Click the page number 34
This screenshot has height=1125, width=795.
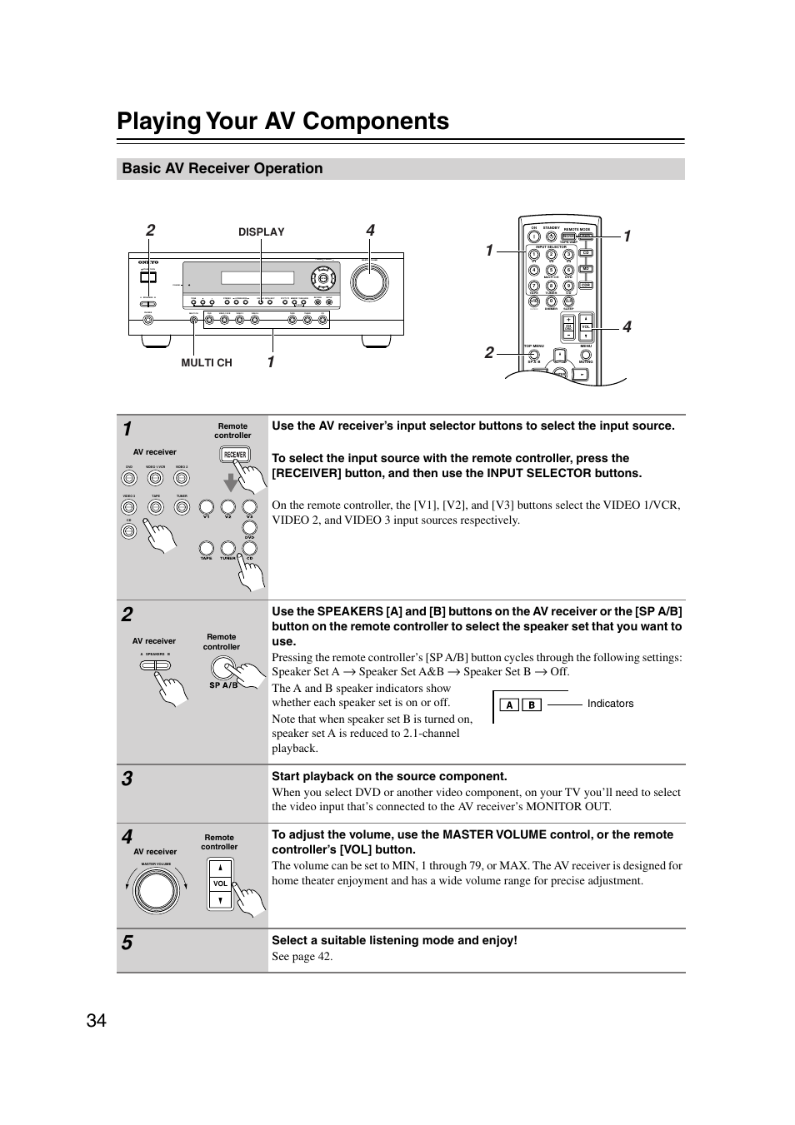[96, 1020]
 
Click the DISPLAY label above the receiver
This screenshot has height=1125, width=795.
[261, 232]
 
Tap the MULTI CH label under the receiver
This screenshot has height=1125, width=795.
[207, 363]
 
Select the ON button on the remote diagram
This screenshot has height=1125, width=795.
[534, 236]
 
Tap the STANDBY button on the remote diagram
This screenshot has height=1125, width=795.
[552, 236]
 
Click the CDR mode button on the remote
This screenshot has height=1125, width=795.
[586, 285]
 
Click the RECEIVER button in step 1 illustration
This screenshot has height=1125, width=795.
[234, 455]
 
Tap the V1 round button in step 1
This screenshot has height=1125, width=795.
[206, 506]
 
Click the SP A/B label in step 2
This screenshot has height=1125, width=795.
[223, 685]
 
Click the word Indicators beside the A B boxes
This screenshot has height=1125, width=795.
[610, 704]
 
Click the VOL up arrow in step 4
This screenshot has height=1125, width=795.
[220, 869]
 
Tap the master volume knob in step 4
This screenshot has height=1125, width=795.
[157, 891]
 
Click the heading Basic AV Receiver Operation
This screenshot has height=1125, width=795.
[222, 169]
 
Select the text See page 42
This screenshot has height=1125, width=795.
[302, 957]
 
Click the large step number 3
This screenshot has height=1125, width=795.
[127, 779]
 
